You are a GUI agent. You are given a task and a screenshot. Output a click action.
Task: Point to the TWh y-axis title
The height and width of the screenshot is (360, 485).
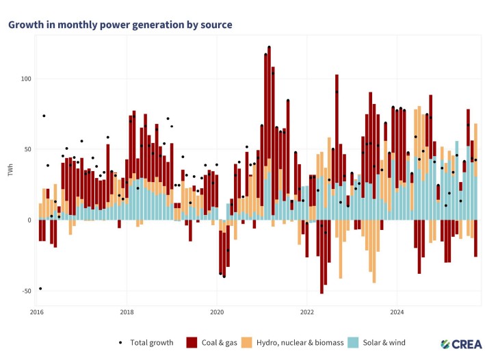pyautogui.click(x=11, y=170)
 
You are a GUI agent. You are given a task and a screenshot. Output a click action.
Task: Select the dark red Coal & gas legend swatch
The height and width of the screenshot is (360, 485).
pyautogui.click(x=192, y=342)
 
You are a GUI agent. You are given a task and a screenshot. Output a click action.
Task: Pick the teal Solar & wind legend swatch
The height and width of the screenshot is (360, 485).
pyautogui.click(x=353, y=342)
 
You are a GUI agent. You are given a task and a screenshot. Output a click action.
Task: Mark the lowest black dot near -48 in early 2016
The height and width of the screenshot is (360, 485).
pyautogui.click(x=40, y=288)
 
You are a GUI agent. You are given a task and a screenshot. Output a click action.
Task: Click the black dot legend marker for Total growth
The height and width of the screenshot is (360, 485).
pyautogui.click(x=121, y=342)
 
